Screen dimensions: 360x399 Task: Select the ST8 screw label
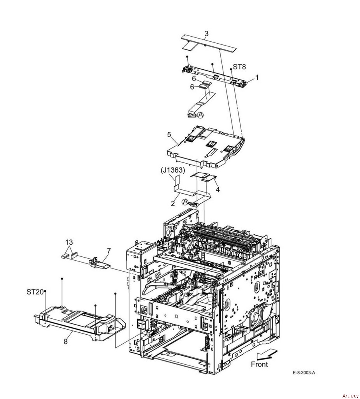(x=239, y=67)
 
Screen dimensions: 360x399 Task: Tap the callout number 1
(x=257, y=78)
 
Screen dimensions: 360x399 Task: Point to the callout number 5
(x=169, y=134)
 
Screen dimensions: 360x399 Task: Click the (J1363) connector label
(x=172, y=170)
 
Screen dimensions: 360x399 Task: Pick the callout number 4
(x=218, y=189)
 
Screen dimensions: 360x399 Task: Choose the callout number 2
(x=173, y=204)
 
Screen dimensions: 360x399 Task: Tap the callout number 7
(x=109, y=251)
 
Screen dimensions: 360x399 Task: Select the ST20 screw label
(x=35, y=292)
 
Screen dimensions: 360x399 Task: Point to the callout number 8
(x=66, y=341)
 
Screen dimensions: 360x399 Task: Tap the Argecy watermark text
(x=350, y=395)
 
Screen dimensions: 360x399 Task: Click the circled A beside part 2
(x=186, y=202)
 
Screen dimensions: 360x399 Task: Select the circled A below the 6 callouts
(x=201, y=115)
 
